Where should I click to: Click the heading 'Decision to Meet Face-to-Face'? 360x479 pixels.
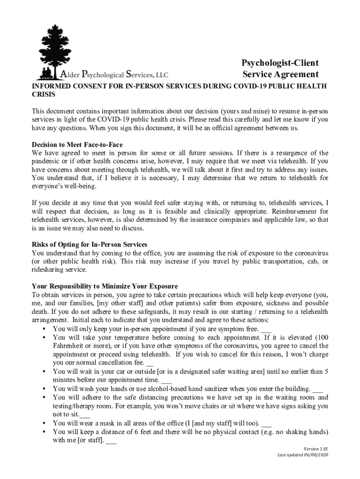coord(77,145)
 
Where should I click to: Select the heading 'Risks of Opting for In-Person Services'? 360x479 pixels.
coord(89,245)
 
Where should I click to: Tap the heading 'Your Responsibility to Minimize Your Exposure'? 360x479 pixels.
coord(105,286)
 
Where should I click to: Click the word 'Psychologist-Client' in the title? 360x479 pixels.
coord(280,63)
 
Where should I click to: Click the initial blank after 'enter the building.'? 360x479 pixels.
coord(317,389)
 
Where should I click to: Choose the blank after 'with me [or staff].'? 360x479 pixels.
coord(111,440)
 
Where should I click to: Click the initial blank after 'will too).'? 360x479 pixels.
coord(266,423)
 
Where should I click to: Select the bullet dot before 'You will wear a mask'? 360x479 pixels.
coord(43,423)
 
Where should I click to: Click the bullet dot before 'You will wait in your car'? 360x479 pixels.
coord(43,372)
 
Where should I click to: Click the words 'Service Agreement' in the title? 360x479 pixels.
coord(281,74)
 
